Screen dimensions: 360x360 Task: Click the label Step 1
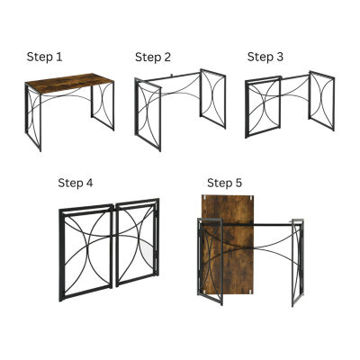(44, 57)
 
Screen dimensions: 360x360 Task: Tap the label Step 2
(153, 57)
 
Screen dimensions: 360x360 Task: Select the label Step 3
(265, 57)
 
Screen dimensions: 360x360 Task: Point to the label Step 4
(76, 183)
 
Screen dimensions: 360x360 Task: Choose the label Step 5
(224, 183)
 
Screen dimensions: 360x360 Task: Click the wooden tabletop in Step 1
(69, 83)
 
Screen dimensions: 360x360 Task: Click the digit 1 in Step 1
(59, 57)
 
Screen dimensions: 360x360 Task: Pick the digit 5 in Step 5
(238, 183)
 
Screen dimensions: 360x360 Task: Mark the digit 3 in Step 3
(279, 57)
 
